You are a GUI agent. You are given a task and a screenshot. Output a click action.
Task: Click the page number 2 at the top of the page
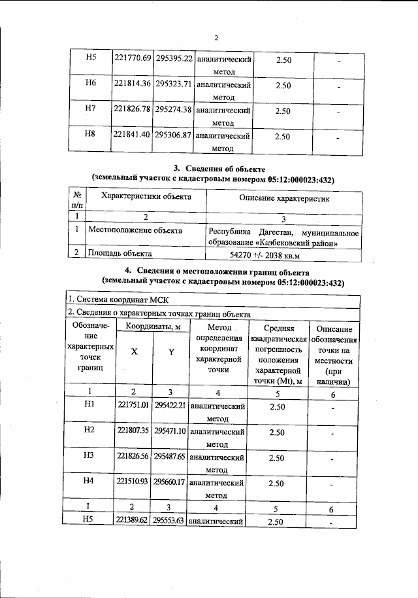216,18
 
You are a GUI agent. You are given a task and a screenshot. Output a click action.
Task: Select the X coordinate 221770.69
133,58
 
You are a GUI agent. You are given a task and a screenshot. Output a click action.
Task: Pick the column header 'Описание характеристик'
285,197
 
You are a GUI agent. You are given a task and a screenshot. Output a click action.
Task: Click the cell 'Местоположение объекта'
136,230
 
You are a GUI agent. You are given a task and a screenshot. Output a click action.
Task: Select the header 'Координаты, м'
153,326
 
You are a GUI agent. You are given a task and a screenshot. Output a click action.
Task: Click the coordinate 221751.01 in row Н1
133,406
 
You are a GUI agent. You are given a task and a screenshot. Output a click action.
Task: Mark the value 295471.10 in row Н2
170,431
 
